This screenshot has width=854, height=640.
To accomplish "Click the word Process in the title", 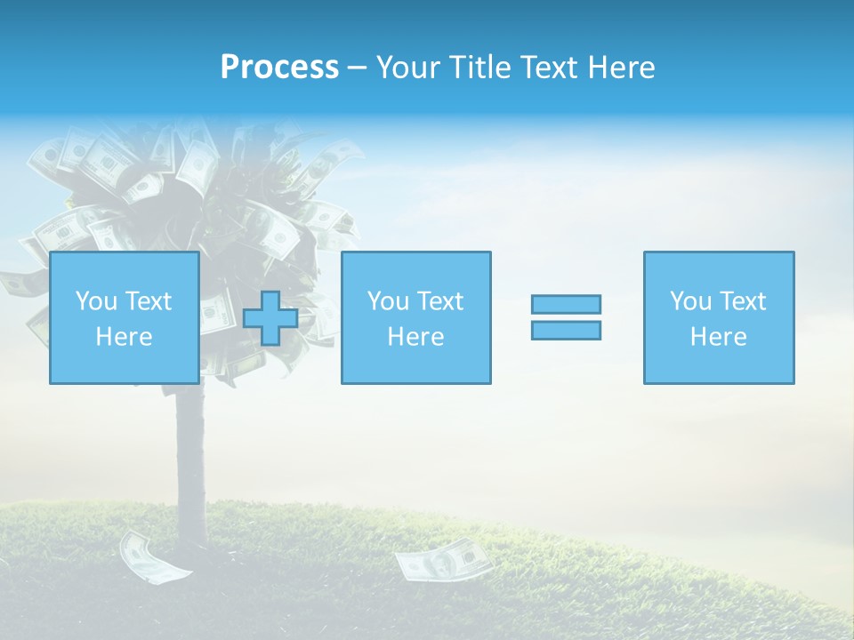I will [279, 68].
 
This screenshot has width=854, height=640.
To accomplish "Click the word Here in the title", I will [619, 68].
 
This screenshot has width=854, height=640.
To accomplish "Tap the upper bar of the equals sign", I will [566, 304].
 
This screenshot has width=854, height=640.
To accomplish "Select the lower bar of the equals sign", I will [566, 330].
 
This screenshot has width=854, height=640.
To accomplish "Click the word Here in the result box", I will [718, 337].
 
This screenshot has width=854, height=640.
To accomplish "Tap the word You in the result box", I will [690, 301].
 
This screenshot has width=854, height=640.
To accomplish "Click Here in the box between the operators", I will [415, 337].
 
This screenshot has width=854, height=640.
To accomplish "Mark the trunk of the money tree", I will [189, 453].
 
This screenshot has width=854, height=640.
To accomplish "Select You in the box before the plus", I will [96, 301].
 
